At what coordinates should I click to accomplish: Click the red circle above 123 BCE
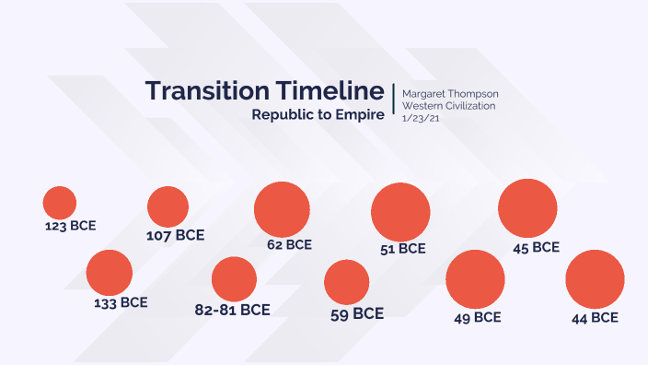tap(60, 203)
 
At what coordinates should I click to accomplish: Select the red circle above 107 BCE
tap(168, 206)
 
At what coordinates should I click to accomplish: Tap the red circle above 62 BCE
tap(282, 209)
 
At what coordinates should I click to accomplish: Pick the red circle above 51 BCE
tap(400, 212)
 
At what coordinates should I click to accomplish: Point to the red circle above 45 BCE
tap(527, 208)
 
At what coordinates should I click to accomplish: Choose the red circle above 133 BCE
tap(110, 273)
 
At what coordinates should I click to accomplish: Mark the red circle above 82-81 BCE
tap(234, 279)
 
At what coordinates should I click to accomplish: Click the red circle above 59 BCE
tap(347, 282)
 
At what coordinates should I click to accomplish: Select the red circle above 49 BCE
tap(475, 279)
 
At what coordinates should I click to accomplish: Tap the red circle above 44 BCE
tap(595, 279)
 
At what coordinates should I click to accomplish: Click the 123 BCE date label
tap(70, 225)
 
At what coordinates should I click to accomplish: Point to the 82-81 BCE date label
tap(232, 310)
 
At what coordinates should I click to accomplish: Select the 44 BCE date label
tap(595, 317)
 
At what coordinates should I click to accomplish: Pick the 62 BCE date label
tap(289, 245)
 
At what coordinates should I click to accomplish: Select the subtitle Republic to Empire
tap(318, 116)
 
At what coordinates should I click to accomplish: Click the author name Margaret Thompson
tap(450, 94)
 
